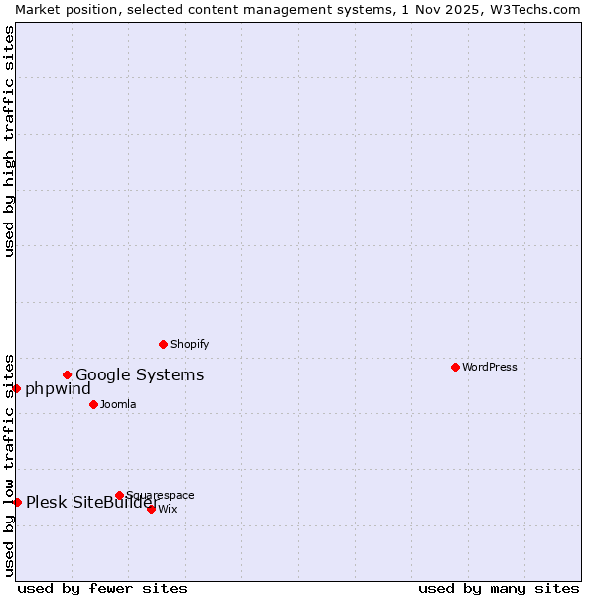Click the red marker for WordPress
coord(455,367)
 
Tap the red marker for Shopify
coord(163,344)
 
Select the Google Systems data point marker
coord(68,374)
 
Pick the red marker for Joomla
coord(93,404)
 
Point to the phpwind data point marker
coord(17,388)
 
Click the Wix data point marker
coord(151,509)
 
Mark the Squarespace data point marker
coord(119,495)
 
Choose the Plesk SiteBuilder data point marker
coord(17,502)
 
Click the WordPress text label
coord(490,367)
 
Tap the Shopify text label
coord(189,344)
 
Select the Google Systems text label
coord(140,374)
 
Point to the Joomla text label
coord(118,404)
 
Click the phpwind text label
coord(58,388)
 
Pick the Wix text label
coord(168,509)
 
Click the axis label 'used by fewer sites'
coord(102,588)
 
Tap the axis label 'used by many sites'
coord(499,588)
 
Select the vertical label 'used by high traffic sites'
coord(9,141)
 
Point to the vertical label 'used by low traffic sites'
coord(9,464)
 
